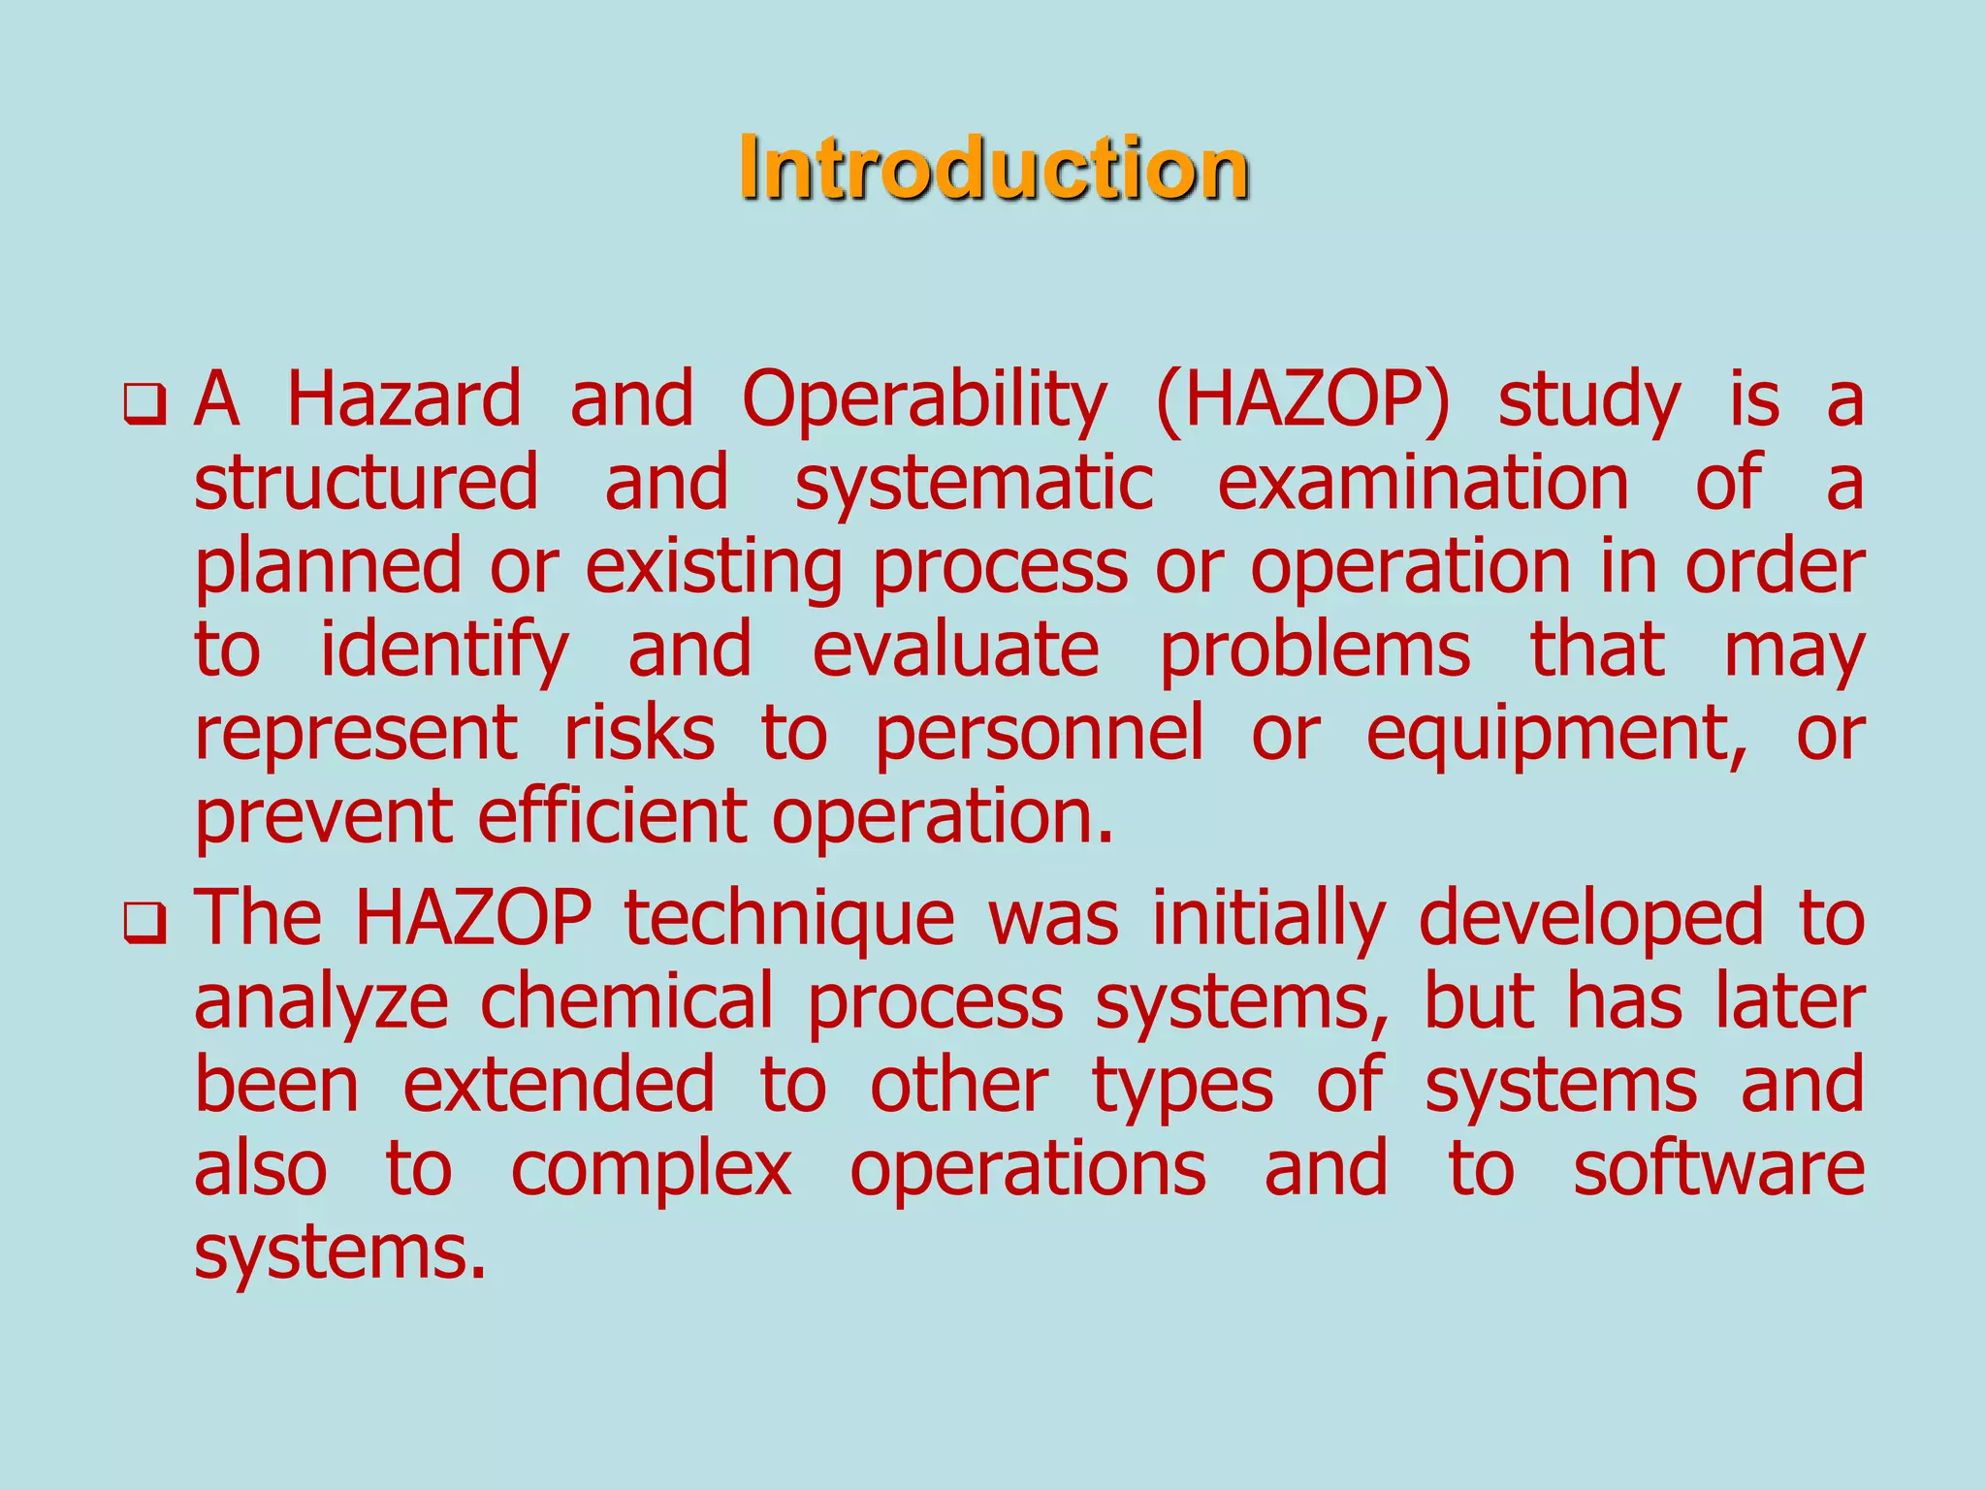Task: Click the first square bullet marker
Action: pyautogui.click(x=145, y=404)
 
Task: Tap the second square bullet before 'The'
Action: pyautogui.click(x=145, y=922)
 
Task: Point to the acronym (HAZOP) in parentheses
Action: pyautogui.click(x=1302, y=400)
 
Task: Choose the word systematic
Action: pyautogui.click(x=974, y=485)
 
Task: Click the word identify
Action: pyautogui.click(x=443, y=651)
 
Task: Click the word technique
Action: pyautogui.click(x=789, y=920)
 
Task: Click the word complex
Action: pyautogui.click(x=651, y=1170)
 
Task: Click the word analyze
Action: pyautogui.click(x=321, y=1003)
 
